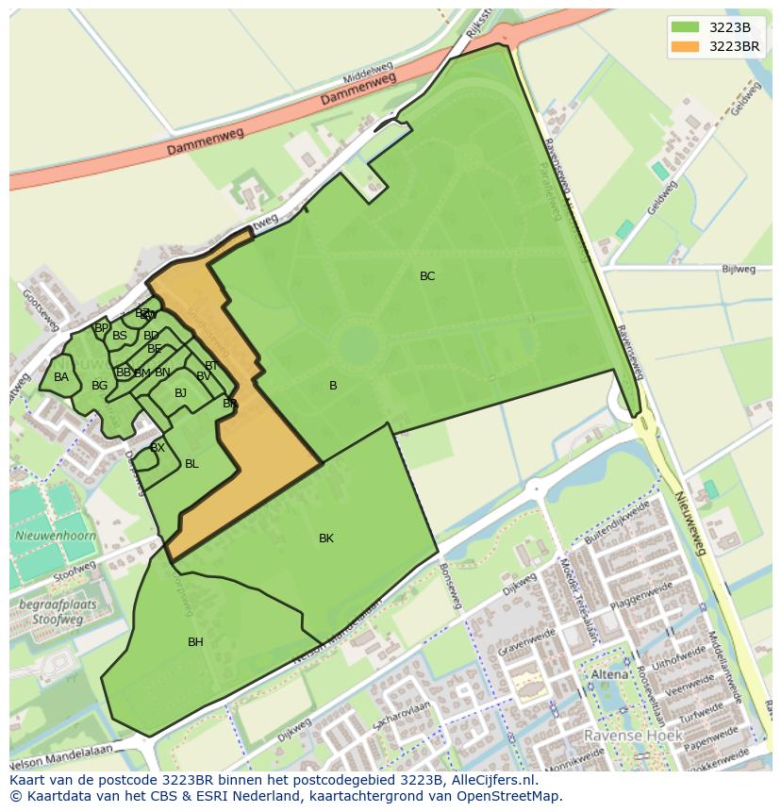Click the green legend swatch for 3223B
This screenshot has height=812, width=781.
(687, 27)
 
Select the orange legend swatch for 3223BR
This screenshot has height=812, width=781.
(687, 46)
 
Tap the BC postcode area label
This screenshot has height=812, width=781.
(427, 276)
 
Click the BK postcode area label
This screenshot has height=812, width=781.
(326, 539)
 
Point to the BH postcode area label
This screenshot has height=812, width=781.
(195, 642)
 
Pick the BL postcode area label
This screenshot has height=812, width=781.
(191, 464)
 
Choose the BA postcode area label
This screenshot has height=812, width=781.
(61, 377)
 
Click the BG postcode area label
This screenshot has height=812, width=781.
(99, 386)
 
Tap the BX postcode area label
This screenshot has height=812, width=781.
(158, 448)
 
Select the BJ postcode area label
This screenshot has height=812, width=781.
(180, 393)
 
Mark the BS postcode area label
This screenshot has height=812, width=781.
(120, 336)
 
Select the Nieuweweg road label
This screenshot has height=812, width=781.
(697, 529)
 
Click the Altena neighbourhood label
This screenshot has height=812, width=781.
(608, 675)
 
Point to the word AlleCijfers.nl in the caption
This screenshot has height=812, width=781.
(490, 780)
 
